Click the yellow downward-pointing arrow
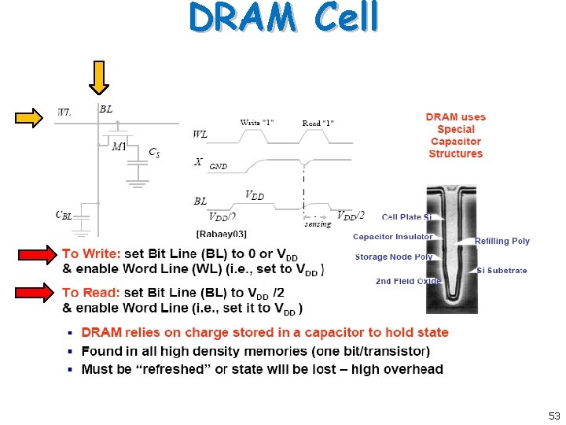99,77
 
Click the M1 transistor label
119,146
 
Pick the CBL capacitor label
64,215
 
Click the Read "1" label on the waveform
318,123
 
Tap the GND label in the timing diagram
218,167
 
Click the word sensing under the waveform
318,224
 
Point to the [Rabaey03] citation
221,234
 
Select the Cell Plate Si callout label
406,217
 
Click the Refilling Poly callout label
502,241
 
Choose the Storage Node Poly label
394,257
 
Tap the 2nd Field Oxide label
408,281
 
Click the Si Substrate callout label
502,271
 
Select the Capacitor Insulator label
392,237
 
